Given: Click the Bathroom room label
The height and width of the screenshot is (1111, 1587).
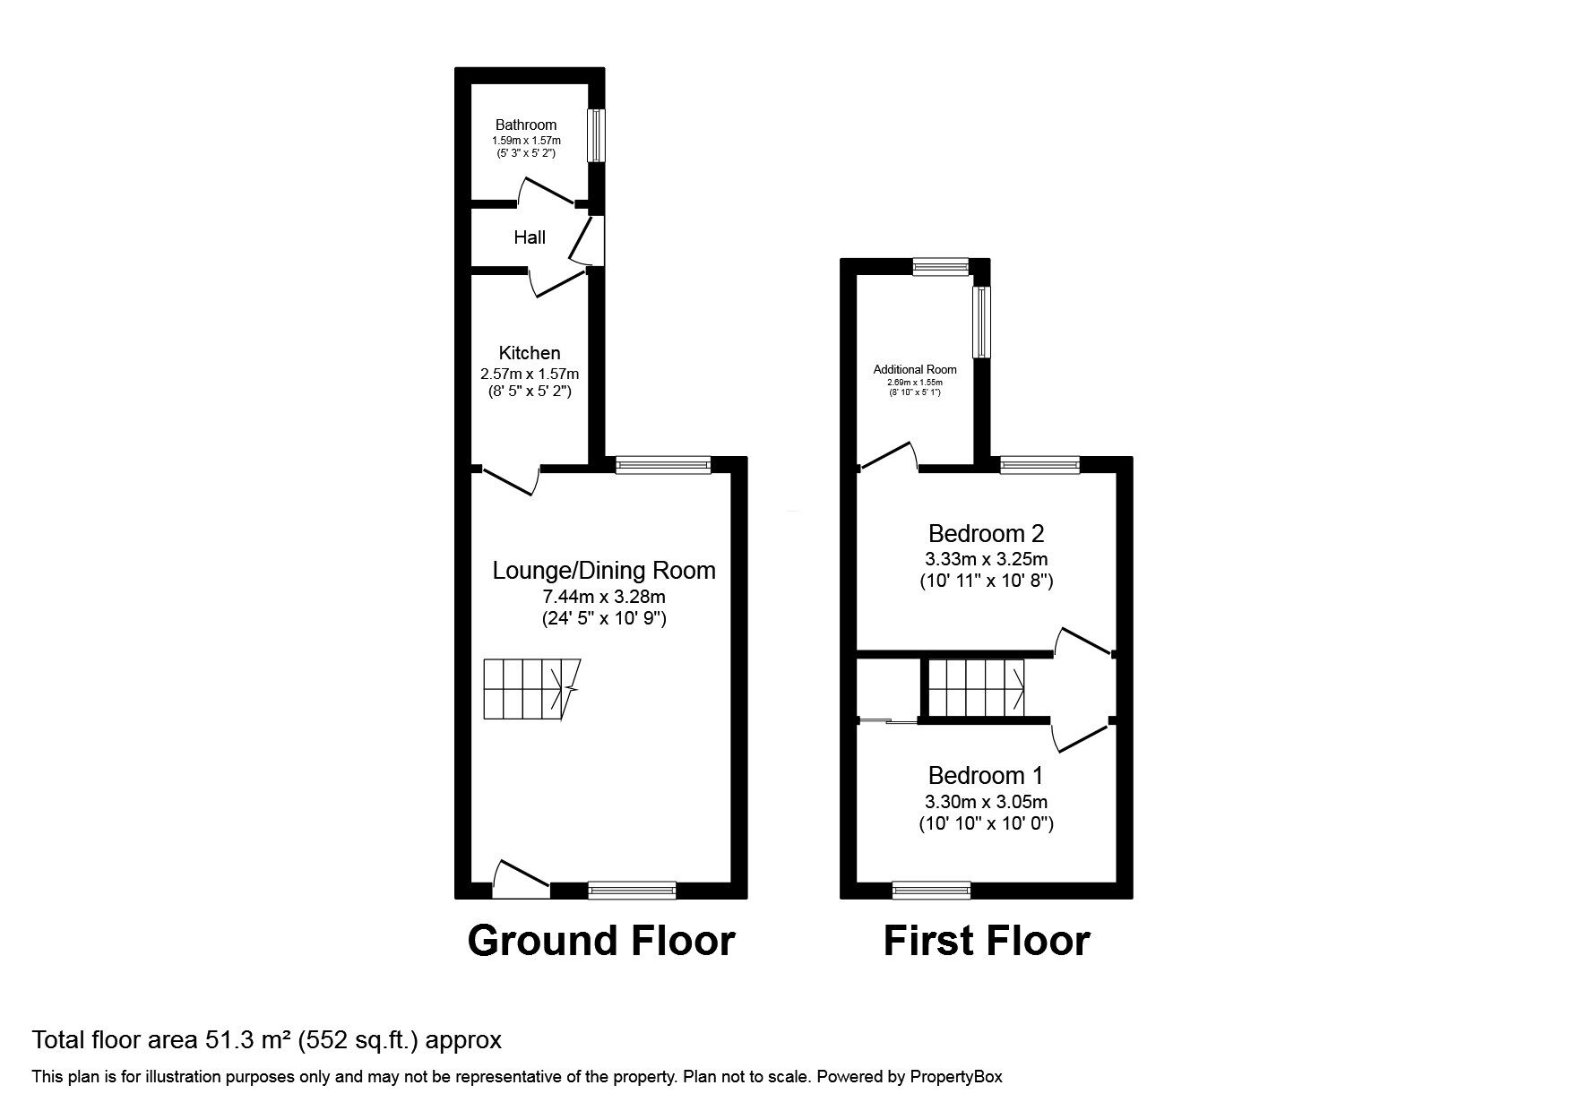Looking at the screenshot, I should [526, 125].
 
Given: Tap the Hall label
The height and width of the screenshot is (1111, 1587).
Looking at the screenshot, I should [530, 237].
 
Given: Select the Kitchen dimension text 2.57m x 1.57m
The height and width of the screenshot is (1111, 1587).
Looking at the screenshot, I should [530, 373].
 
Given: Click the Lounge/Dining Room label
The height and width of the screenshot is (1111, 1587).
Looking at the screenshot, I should [604, 571].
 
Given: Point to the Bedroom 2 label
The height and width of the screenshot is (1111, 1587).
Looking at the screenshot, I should [986, 534].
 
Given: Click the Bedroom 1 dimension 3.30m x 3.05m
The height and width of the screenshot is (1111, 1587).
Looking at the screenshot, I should [986, 802].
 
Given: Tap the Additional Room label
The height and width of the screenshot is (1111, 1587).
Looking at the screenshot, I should [915, 369].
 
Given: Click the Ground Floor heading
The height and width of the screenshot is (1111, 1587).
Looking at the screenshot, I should [601, 941].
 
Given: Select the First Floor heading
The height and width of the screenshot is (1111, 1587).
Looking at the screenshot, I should [986, 941].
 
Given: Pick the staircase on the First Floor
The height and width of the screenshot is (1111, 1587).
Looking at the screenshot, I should [976, 687].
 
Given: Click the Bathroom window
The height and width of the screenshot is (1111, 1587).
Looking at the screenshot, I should [595, 136].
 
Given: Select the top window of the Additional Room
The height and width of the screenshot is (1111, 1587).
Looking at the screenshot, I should [941, 265].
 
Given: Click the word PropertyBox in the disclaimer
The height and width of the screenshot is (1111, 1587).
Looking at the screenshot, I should [956, 1077].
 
